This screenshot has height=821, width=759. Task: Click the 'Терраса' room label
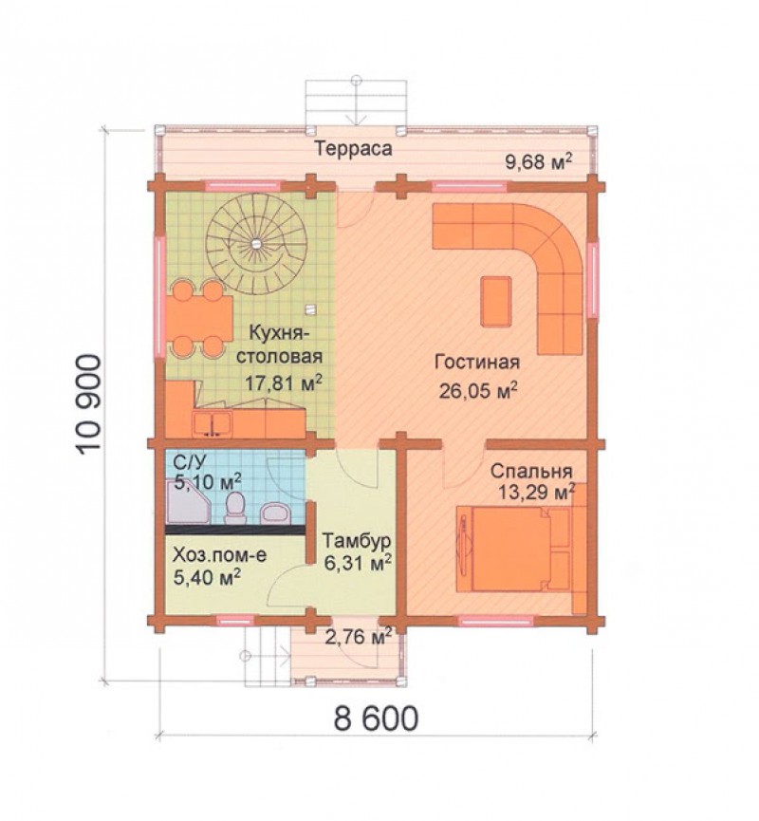coord(353,149)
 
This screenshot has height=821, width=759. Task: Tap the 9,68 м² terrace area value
coord(538,161)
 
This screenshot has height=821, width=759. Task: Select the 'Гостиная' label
coord(477,363)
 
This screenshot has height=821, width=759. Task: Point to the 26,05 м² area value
coord(478,390)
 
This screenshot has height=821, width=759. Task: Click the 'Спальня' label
coord(530,471)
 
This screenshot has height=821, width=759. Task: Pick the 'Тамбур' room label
coord(357,540)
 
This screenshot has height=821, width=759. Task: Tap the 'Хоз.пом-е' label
coord(219,554)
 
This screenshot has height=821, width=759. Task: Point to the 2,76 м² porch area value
coord(359,637)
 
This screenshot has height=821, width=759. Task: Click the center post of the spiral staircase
coord(256,243)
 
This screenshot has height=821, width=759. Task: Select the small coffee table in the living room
coord(496,301)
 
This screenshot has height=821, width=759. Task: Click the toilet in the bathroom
coord(234,508)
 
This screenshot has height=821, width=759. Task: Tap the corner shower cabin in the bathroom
coord(188,503)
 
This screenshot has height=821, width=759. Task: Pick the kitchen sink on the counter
coord(212,423)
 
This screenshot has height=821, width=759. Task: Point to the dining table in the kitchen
coord(199,319)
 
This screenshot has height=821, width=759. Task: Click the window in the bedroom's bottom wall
coord(495,621)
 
